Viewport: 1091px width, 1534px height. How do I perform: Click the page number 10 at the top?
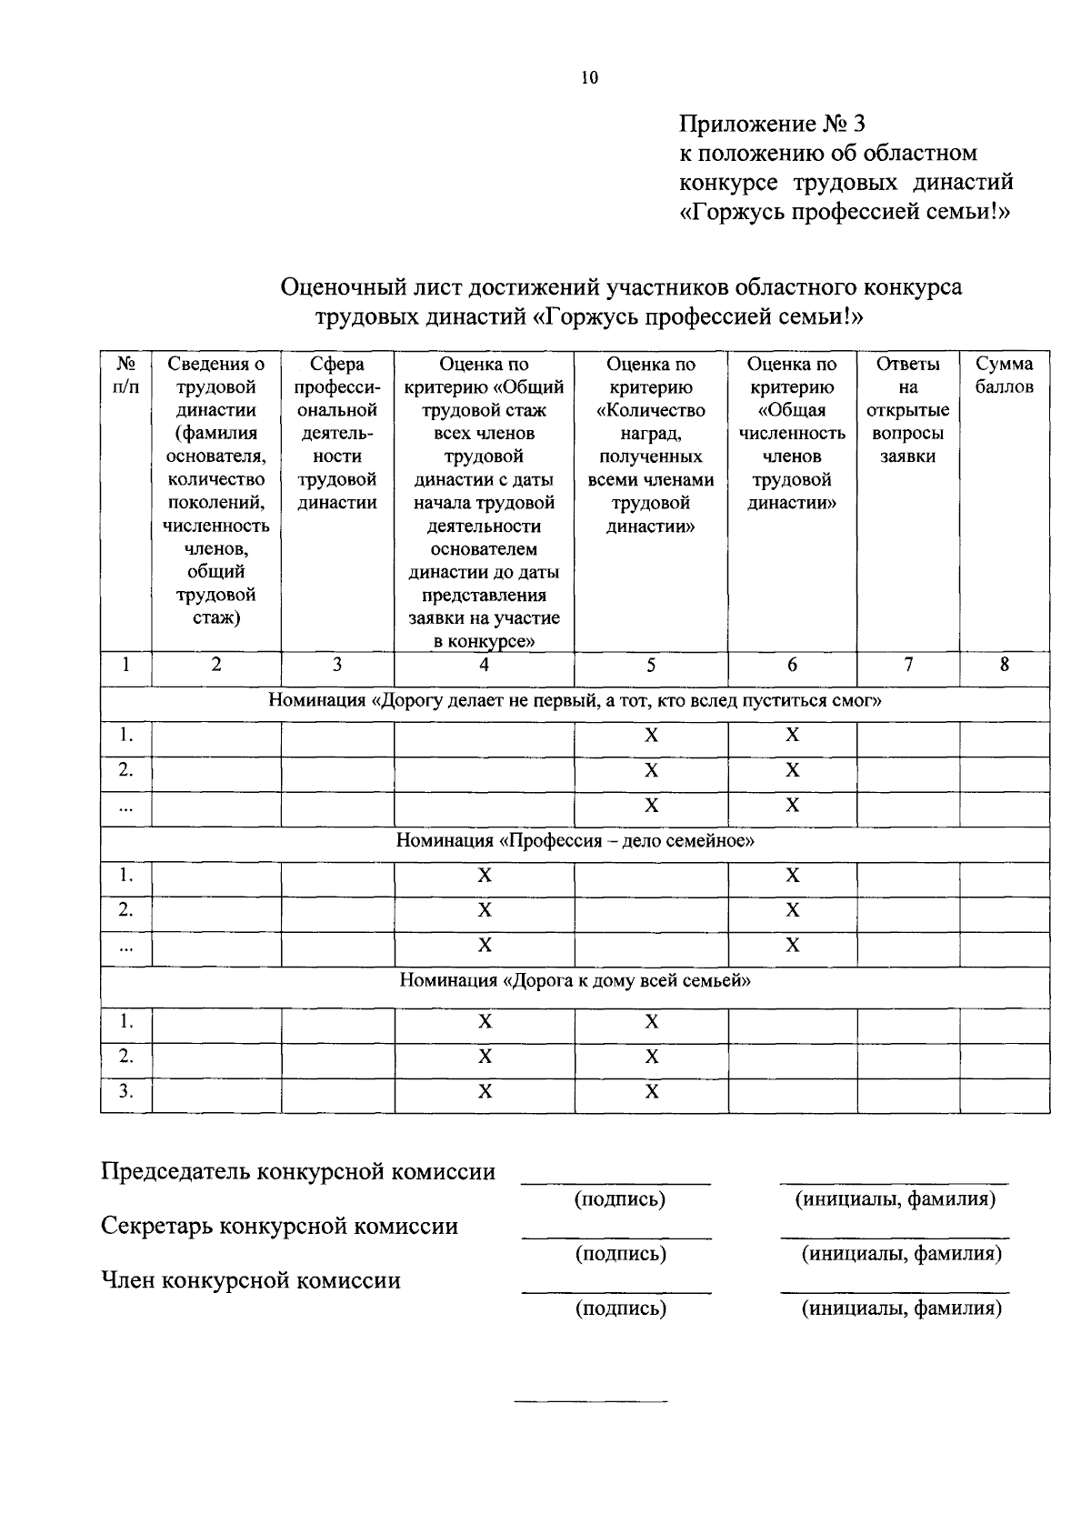(x=589, y=78)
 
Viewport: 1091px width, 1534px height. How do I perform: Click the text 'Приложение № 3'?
(x=774, y=123)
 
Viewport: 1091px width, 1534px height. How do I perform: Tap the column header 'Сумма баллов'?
(x=1004, y=376)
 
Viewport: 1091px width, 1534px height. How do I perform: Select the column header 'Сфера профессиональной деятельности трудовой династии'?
(x=337, y=434)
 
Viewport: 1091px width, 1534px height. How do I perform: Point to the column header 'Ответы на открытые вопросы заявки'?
(x=907, y=410)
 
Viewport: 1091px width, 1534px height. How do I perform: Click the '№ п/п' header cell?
(x=125, y=376)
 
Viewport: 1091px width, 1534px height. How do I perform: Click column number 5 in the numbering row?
(x=651, y=665)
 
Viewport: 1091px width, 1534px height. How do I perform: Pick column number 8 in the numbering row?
(x=1004, y=665)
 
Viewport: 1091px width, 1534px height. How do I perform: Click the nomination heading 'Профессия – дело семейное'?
(x=575, y=841)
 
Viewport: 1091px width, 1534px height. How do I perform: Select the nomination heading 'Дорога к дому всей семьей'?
(x=575, y=981)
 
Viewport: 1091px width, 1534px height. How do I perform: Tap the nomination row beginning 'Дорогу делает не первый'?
(x=575, y=701)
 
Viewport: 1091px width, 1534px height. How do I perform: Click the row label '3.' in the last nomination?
(x=125, y=1092)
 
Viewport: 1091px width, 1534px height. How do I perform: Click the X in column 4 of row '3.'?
(x=485, y=1092)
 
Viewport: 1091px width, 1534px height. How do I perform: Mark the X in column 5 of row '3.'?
(x=651, y=1092)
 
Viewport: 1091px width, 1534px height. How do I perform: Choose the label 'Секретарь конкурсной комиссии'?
(x=278, y=1227)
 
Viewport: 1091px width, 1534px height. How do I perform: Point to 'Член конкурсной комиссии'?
(x=250, y=1281)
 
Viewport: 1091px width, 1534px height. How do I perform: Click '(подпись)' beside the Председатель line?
(x=620, y=1199)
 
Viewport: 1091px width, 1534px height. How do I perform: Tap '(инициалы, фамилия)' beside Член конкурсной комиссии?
(x=901, y=1308)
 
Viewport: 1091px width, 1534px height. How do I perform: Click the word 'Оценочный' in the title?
(x=342, y=288)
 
